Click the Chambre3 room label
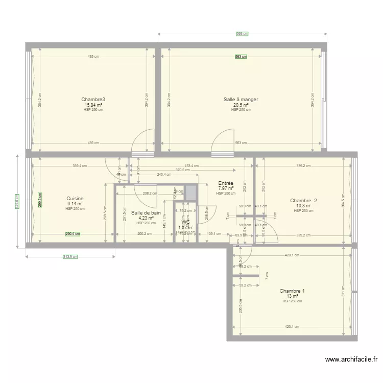tap(93, 100)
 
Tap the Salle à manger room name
tap(241, 100)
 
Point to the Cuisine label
tap(75, 199)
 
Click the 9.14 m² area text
tap(75, 204)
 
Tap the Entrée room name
tap(226, 183)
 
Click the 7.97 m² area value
tap(226, 188)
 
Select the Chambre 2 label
tap(303, 201)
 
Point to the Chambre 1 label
tap(292, 291)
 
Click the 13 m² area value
tap(292, 296)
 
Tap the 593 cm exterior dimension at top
tap(242, 34)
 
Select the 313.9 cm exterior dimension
tap(70, 257)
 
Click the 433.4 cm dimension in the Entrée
tap(192, 165)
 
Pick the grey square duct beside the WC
tap(191, 193)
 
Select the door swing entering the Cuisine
tap(115, 167)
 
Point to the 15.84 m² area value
tap(93, 105)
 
